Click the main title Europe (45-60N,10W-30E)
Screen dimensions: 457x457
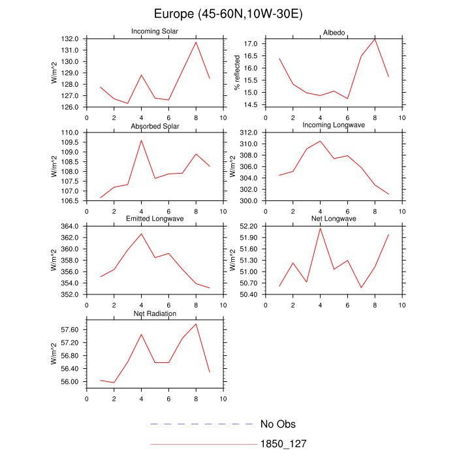(228, 14)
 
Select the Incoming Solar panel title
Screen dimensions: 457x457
(155, 31)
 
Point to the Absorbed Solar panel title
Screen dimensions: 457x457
(155, 125)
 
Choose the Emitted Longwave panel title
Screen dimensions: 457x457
(155, 219)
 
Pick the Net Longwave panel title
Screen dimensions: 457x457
(334, 219)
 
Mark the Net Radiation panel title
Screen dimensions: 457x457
(155, 313)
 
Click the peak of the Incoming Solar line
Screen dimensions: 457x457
(196, 42)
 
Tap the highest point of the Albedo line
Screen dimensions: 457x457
(375, 39)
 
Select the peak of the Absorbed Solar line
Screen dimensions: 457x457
(141, 140)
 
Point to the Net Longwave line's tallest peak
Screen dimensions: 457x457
(320, 227)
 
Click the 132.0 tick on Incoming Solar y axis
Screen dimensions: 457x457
(71, 39)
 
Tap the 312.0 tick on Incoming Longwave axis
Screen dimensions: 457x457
(251, 133)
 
